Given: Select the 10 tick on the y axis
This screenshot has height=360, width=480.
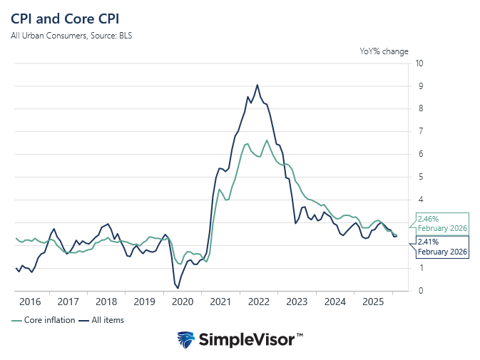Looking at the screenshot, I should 421,63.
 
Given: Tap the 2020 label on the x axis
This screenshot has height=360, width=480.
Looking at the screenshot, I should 182,302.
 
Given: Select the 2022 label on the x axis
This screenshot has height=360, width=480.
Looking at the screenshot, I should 258,302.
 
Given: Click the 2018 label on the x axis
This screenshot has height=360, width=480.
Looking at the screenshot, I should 106,302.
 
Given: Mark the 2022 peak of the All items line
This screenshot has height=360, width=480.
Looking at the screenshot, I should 257,85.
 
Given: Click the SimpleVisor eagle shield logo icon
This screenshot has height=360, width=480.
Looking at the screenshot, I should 187,339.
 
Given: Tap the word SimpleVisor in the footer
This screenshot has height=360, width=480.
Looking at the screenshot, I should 246,339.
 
